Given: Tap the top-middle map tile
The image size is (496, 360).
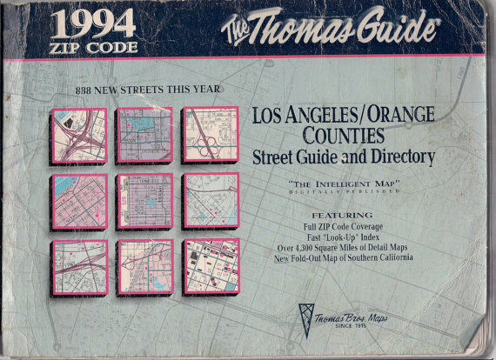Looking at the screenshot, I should tap(144, 135).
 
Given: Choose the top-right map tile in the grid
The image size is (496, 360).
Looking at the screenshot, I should tap(210, 135).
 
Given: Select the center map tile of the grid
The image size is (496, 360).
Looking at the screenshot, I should tap(144, 201).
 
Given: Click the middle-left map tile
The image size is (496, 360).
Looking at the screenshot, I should tap(77, 202).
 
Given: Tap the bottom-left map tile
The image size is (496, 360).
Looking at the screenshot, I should tap(78, 267).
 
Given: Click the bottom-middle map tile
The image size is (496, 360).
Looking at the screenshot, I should tap(144, 267).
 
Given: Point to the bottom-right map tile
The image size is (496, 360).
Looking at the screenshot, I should tap(210, 266).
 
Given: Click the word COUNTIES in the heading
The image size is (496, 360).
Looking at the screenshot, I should tap(345, 137).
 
